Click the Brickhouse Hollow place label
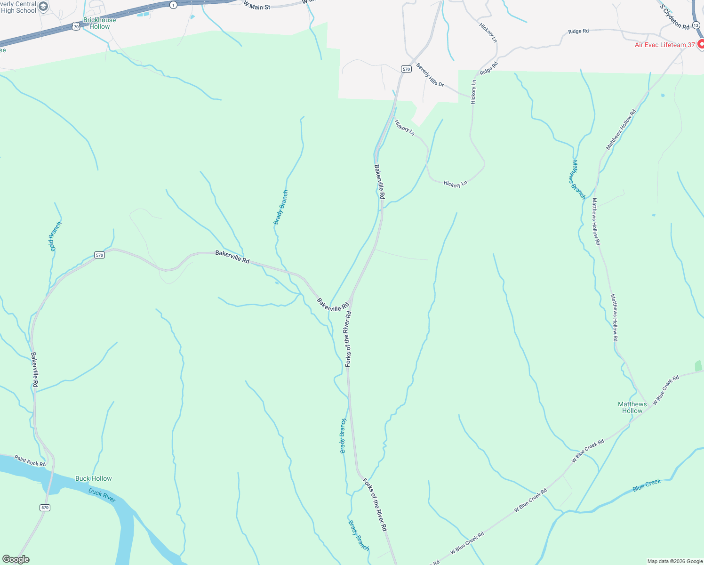(x=99, y=23)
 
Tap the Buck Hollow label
(x=94, y=478)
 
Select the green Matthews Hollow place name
(x=632, y=407)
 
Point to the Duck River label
(x=102, y=495)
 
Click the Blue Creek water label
(x=647, y=485)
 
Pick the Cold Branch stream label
(x=56, y=236)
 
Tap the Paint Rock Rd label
(x=30, y=460)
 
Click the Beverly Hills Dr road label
(x=430, y=75)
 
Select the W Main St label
(x=257, y=6)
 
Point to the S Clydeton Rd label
(x=674, y=17)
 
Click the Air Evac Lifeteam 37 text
(x=664, y=45)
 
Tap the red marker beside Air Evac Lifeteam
(x=701, y=44)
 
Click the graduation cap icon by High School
(x=43, y=7)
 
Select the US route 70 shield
(x=76, y=26)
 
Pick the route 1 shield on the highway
(x=174, y=5)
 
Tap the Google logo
(x=16, y=559)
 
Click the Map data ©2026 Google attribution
(x=675, y=561)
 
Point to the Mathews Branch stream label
(x=578, y=179)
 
